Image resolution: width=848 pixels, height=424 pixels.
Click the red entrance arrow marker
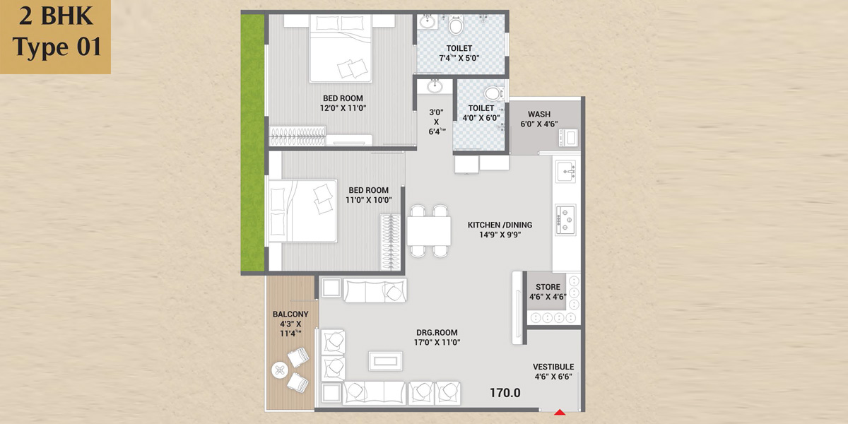[560, 412]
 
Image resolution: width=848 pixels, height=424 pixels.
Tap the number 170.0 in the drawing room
[505, 393]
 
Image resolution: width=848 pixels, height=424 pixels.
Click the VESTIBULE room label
[553, 367]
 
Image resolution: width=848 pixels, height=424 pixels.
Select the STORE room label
[548, 287]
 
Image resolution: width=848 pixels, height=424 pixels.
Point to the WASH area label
[539, 114]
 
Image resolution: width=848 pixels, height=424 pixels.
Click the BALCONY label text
[290, 314]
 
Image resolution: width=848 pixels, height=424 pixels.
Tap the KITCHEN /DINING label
[500, 225]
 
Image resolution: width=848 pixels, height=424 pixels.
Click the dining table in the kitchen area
[429, 231]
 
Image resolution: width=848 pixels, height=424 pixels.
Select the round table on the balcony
[280, 370]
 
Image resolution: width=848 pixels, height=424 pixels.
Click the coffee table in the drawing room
[385, 361]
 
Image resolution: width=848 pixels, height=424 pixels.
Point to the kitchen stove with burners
[565, 220]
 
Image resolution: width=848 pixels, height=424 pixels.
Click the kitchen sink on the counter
[566, 172]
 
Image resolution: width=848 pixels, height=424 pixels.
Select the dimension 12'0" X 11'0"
[343, 108]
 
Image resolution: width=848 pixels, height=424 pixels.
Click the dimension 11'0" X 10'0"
[369, 200]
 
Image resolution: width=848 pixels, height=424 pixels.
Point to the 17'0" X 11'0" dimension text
[437, 343]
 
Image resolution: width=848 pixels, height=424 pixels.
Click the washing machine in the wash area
[569, 137]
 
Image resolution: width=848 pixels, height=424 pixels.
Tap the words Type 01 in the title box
[57, 47]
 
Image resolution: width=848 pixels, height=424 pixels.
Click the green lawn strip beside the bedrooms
[252, 143]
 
